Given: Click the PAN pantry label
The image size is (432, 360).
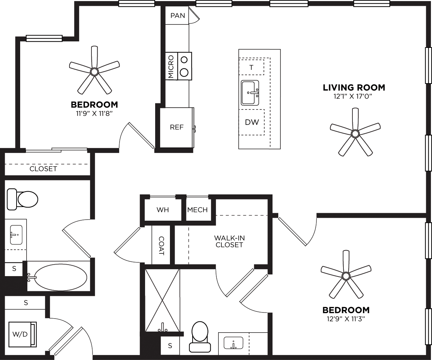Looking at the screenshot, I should (177, 16).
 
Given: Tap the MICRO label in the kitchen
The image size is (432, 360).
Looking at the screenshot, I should (171, 67).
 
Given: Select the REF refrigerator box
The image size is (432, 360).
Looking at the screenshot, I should (177, 127).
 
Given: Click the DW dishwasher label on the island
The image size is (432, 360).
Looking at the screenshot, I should (252, 122).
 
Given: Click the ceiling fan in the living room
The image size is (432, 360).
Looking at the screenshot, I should (355, 134).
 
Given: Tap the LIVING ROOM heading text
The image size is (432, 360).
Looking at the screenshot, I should (354, 87).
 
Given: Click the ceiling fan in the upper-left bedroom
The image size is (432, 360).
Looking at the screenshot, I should (94, 71).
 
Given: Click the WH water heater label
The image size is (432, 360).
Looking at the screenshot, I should (163, 210).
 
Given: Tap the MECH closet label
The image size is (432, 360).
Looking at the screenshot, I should (197, 210).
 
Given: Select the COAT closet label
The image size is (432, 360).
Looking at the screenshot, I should (161, 246).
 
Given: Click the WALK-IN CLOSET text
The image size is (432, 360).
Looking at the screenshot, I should (229, 242).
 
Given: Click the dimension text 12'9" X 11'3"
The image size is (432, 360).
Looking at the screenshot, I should (346, 319).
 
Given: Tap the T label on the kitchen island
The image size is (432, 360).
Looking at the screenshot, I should (251, 67).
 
